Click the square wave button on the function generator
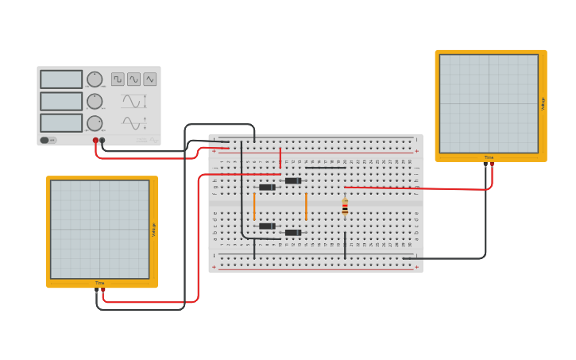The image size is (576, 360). click(118, 79)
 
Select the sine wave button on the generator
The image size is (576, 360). click(133, 79)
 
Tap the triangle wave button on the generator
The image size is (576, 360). click(149, 79)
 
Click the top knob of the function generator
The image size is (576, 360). click(95, 79)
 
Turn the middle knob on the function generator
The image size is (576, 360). click(95, 101)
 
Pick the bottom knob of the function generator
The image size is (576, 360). click(95, 123)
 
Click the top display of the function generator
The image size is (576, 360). click(61, 79)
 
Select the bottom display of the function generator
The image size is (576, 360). click(61, 122)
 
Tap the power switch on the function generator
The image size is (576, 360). click(48, 140)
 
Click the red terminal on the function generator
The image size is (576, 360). click(95, 141)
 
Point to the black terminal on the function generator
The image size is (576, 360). click(102, 141)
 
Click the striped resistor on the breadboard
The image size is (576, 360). click(345, 207)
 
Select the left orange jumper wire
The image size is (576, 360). click(254, 207)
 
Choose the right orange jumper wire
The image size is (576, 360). click(306, 207)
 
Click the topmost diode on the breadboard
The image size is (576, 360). click(293, 180)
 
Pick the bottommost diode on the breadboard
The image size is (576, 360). click(293, 233)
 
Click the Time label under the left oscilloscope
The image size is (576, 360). click(99, 283)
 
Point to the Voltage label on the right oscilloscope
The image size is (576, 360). click(543, 104)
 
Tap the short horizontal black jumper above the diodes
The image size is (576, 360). click(325, 168)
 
